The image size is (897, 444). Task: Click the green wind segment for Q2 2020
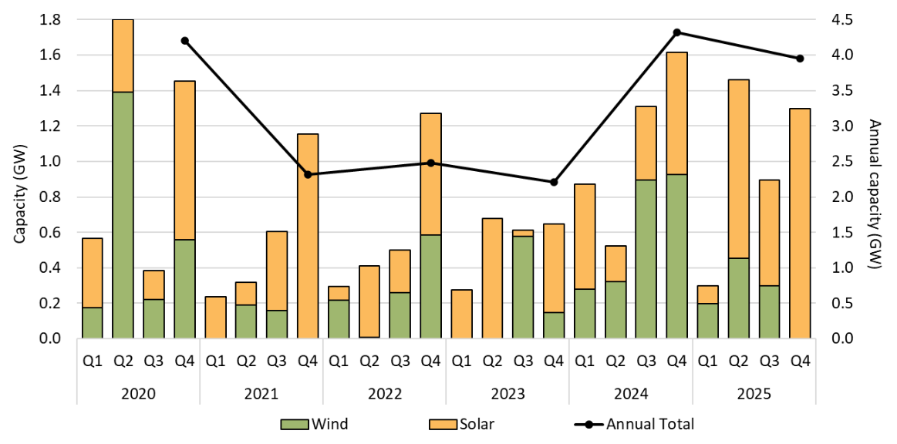123,215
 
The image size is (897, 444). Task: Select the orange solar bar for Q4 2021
307,236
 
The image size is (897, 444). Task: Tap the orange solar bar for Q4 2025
800,224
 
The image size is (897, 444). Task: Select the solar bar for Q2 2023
492,278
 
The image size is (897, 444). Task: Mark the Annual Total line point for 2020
184,40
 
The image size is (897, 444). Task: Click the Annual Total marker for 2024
676,32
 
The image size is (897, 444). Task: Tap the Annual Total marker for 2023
554,182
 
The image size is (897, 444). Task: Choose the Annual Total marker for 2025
800,59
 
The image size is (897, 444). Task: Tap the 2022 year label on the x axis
385,393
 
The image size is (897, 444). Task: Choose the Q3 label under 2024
646,360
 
